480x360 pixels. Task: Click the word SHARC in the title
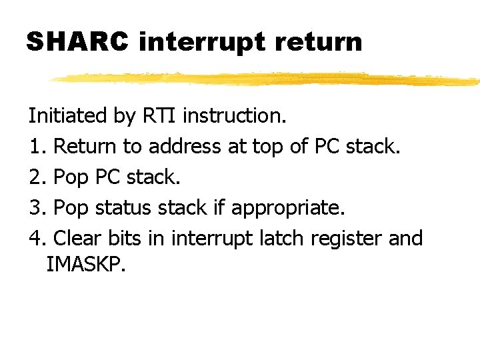coord(77,41)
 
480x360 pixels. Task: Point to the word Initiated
coord(68,115)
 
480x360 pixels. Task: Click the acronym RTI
coord(160,115)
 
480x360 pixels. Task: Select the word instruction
coord(235,115)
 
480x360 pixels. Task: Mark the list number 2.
coord(36,177)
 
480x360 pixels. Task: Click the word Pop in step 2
coord(71,178)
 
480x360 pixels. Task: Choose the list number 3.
coord(36,207)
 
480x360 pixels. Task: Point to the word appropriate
coord(287,209)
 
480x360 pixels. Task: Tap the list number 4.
coord(36,238)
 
